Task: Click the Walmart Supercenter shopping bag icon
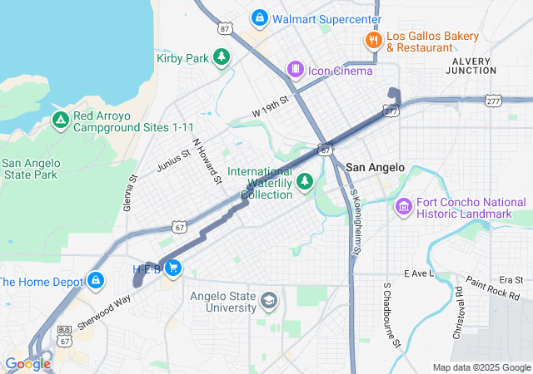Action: [261, 18]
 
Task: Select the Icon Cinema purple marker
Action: [295, 69]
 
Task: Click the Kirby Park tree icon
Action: [222, 57]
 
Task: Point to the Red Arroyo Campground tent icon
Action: [60, 121]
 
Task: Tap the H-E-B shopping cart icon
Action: [173, 268]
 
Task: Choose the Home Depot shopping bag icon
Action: [97, 281]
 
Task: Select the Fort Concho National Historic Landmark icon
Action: [404, 205]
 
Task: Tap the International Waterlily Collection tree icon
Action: [305, 180]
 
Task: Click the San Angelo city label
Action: [375, 167]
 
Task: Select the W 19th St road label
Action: [270, 106]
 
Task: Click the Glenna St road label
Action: [131, 192]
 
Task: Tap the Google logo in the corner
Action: [27, 363]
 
